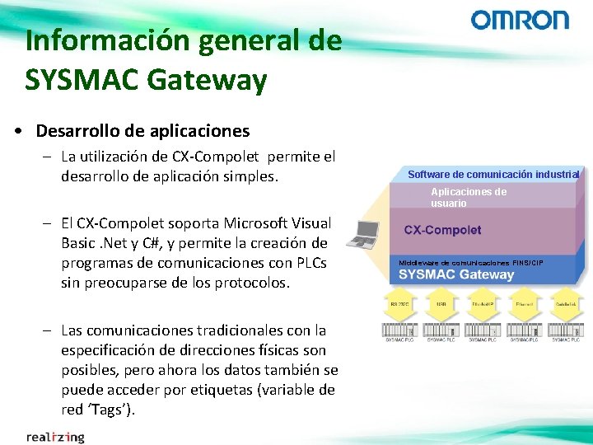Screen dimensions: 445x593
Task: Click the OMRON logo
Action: (520, 21)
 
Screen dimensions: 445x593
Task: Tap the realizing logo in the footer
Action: (55, 436)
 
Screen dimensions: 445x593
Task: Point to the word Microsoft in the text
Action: (252, 222)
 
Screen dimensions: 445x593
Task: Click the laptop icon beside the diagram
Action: (363, 235)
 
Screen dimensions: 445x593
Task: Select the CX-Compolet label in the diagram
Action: (443, 230)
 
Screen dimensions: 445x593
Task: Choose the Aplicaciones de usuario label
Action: (469, 197)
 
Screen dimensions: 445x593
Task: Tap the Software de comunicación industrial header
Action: (493, 174)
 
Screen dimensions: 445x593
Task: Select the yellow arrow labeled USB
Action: (441, 306)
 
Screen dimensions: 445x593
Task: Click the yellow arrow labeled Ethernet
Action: (524, 306)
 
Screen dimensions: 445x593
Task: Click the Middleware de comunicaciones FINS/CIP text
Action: (470, 262)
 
